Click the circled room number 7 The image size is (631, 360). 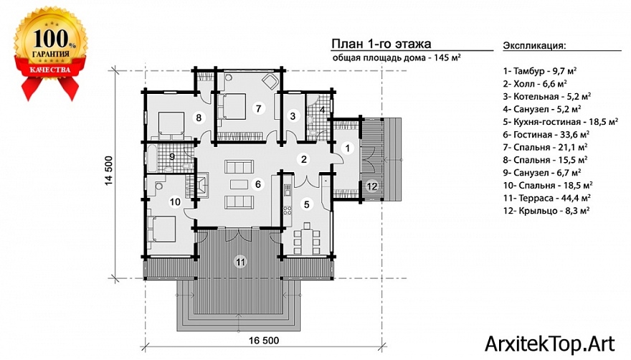(258, 108)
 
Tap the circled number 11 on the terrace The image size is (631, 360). (240, 262)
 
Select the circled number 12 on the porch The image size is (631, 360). (372, 186)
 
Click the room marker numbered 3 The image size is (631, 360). (293, 116)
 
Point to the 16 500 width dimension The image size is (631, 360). (264, 341)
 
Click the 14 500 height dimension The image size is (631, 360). (110, 171)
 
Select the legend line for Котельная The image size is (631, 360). (547, 97)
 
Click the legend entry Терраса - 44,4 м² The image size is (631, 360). (547, 198)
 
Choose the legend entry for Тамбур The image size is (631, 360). (540, 71)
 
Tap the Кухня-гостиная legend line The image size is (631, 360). (561, 122)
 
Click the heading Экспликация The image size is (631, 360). (534, 45)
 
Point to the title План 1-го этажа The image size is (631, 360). (381, 44)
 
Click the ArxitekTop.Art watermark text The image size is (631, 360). (550, 344)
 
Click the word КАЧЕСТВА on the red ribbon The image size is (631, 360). (50, 70)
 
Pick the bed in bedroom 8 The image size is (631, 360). (171, 125)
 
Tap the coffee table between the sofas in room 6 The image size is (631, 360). (239, 184)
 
